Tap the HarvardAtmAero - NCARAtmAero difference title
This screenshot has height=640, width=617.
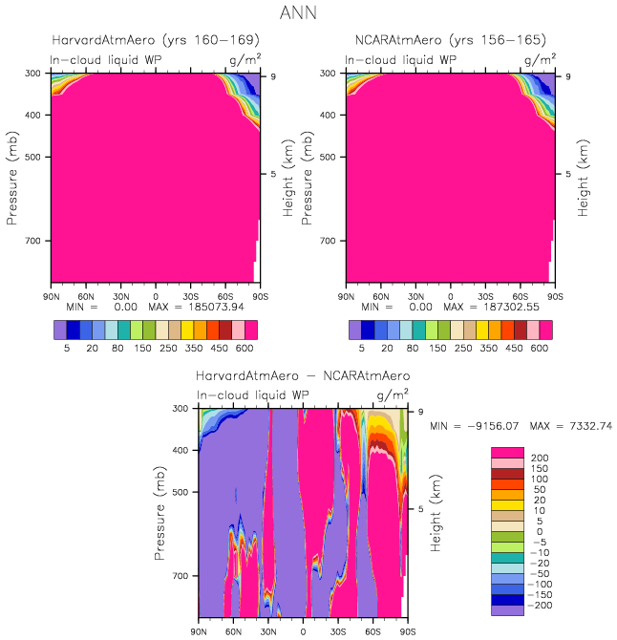click(x=303, y=376)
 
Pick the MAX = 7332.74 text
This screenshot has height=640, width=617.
click(x=558, y=424)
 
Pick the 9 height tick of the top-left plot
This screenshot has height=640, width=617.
click(x=274, y=75)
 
